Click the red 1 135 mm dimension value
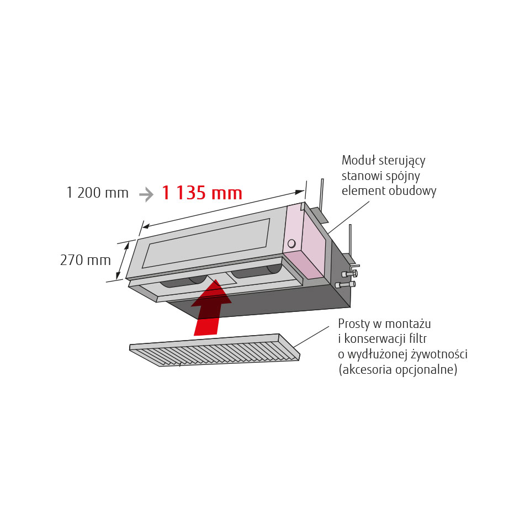[202, 193]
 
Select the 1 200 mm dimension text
[98, 193]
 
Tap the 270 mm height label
[86, 260]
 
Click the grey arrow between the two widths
[146, 194]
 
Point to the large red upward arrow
[210, 308]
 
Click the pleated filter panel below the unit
[215, 350]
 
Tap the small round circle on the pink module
[291, 243]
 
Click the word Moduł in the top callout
[359, 160]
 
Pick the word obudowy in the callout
[412, 191]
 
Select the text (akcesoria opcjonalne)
[398, 369]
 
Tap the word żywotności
[439, 354]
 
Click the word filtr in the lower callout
[418, 338]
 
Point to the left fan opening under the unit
[183, 281]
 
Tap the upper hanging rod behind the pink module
[322, 194]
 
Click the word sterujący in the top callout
[402, 161]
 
